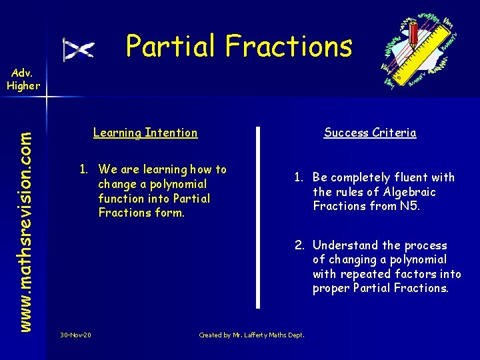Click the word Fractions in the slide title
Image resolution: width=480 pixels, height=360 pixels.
tap(288, 46)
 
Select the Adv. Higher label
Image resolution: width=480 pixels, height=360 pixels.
tap(23, 80)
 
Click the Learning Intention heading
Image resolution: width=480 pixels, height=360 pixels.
tap(145, 133)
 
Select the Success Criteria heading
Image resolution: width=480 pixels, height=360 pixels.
tap(370, 133)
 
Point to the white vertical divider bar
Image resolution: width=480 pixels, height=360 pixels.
tap(258, 217)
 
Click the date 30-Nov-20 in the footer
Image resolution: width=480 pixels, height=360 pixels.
tap(75, 335)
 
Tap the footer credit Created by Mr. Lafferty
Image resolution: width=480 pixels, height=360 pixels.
tap(251, 335)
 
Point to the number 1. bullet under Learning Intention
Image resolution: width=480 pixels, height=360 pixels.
tap(85, 169)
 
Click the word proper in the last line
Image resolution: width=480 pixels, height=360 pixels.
tap(331, 289)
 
